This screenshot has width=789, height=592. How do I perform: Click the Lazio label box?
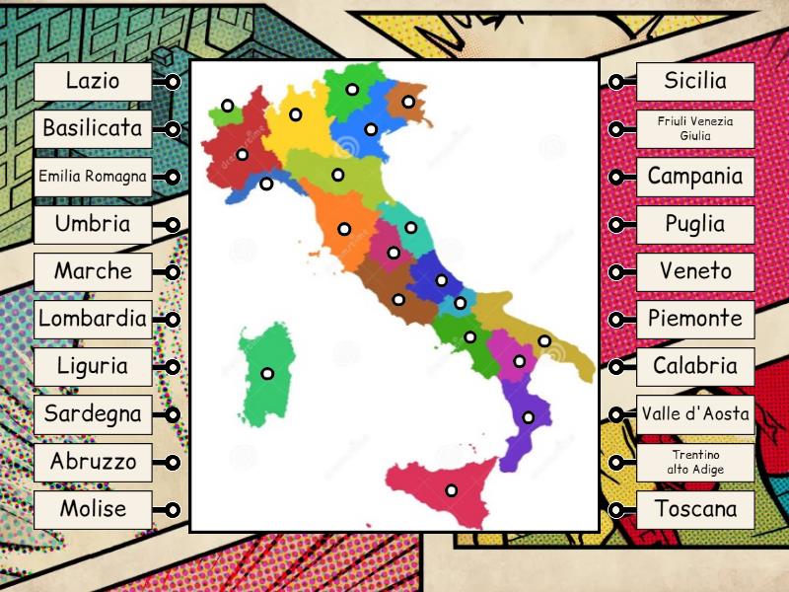pos(93,81)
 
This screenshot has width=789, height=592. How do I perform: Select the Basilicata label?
pos(93,128)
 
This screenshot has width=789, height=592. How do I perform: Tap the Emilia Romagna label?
pos(93,178)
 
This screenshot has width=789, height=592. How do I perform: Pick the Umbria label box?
pos(93,224)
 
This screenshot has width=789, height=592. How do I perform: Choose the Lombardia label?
pos(93,319)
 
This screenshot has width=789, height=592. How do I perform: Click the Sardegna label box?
pos(93,413)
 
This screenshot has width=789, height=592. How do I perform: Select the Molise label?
pos(93,509)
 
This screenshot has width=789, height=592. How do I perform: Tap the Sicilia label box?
pos(695,81)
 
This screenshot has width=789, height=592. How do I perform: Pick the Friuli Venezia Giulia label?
pos(695,128)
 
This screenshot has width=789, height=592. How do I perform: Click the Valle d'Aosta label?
pos(695,413)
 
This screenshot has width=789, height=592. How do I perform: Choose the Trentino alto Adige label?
pos(695,462)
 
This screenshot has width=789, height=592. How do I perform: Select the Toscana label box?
pos(695,509)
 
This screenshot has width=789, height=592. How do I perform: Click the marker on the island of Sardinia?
pos(267,374)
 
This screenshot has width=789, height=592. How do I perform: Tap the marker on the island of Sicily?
pos(451,490)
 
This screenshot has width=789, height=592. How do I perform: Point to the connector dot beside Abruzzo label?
pos(173,462)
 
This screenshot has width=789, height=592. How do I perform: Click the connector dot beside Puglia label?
pos(615,224)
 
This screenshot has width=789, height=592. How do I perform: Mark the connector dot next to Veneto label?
pos(615,271)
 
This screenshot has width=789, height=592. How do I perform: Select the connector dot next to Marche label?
pos(173,271)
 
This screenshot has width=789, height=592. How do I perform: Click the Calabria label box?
pos(695,366)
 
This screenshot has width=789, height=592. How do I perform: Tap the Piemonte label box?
pos(695,319)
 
